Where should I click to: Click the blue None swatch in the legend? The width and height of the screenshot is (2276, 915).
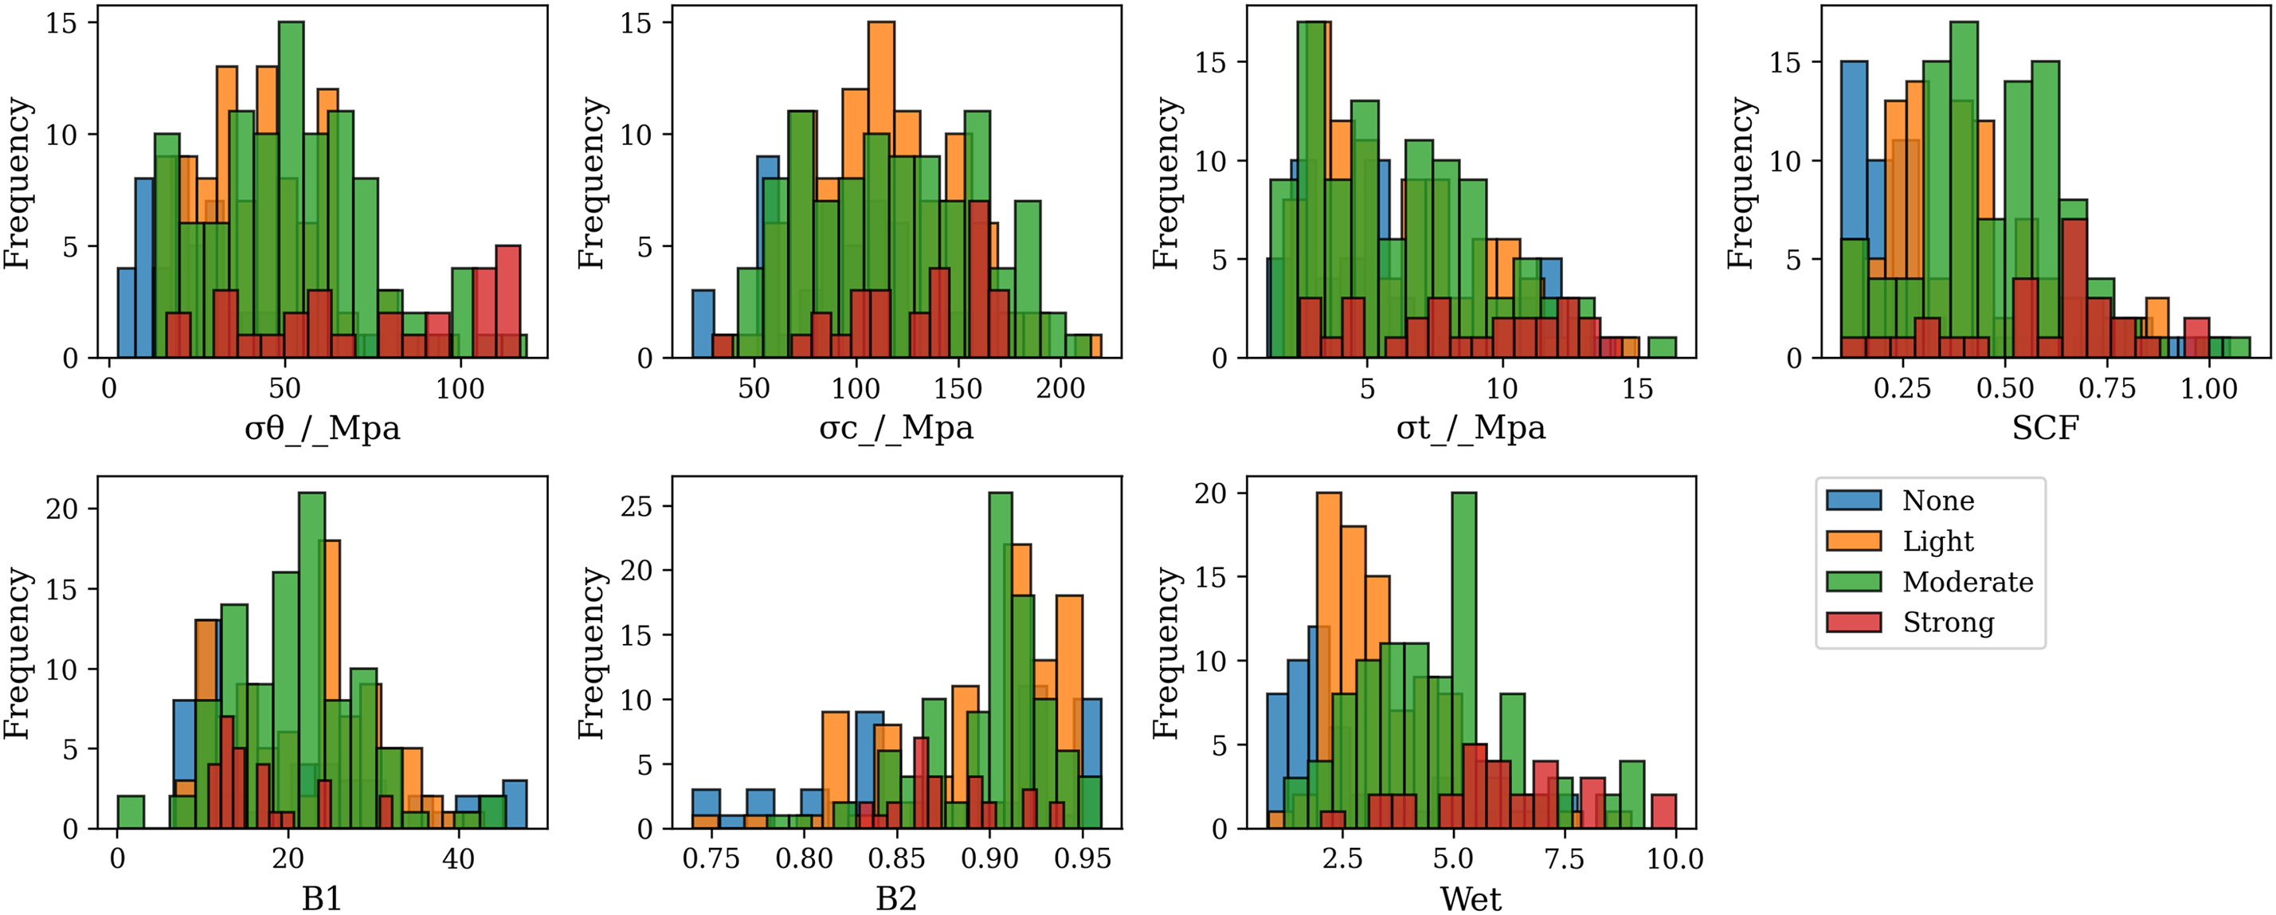click(1854, 501)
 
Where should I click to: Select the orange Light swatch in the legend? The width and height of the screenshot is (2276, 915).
click(1854, 541)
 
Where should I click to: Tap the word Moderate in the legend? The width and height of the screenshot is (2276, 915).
click(1968, 582)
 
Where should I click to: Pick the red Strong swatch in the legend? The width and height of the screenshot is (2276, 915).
click(1854, 622)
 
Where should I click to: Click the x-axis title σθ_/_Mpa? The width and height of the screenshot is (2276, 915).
click(323, 428)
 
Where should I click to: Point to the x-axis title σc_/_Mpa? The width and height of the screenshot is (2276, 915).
click(896, 428)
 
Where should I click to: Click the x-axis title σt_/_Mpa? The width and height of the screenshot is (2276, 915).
click(1471, 428)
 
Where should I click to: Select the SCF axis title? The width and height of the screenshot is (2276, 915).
click(2046, 428)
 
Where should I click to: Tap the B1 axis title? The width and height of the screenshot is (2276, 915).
click(323, 899)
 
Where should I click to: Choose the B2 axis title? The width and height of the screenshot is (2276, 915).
click(896, 899)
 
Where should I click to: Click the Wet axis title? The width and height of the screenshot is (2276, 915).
click(1471, 899)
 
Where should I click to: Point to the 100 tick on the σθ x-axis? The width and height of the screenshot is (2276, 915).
click(460, 389)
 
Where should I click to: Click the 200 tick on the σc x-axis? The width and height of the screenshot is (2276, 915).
click(1060, 389)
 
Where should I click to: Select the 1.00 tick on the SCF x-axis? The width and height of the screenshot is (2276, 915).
click(2209, 389)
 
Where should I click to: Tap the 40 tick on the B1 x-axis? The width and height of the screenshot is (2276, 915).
click(459, 859)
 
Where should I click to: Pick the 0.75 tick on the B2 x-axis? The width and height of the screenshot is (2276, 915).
click(711, 859)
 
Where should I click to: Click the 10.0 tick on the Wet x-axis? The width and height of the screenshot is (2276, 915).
click(1675, 859)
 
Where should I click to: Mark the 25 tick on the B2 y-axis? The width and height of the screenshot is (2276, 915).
click(637, 507)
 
